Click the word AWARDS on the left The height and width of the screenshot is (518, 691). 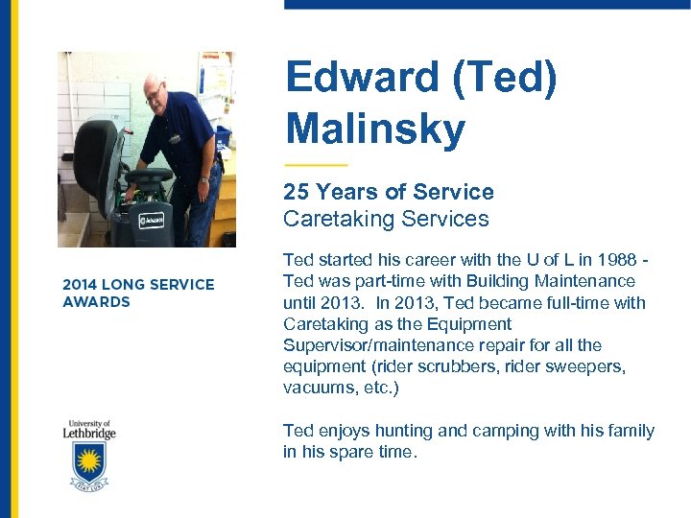[x=96, y=302]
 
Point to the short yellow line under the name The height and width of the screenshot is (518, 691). [x=316, y=164]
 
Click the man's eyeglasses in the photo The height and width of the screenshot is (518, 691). [x=155, y=92]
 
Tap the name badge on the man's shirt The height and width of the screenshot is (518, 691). [x=176, y=138]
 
